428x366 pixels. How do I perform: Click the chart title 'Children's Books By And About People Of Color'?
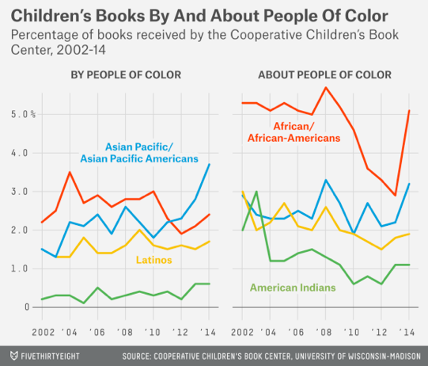click(199, 16)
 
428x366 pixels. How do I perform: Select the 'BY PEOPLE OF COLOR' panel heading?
click(127, 75)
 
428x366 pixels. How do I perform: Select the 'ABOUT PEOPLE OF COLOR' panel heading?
click(324, 75)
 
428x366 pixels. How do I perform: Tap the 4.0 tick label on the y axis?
click(18, 153)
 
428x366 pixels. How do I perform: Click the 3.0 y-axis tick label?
click(18, 192)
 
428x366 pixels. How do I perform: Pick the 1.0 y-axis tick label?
click(18, 269)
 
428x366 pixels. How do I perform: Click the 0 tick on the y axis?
click(24, 307)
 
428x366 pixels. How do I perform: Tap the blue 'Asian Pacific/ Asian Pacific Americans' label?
click(151, 153)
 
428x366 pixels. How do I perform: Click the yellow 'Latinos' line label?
click(155, 260)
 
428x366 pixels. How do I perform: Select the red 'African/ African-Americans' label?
click(305, 132)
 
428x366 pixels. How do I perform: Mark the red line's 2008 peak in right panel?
click(326, 88)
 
